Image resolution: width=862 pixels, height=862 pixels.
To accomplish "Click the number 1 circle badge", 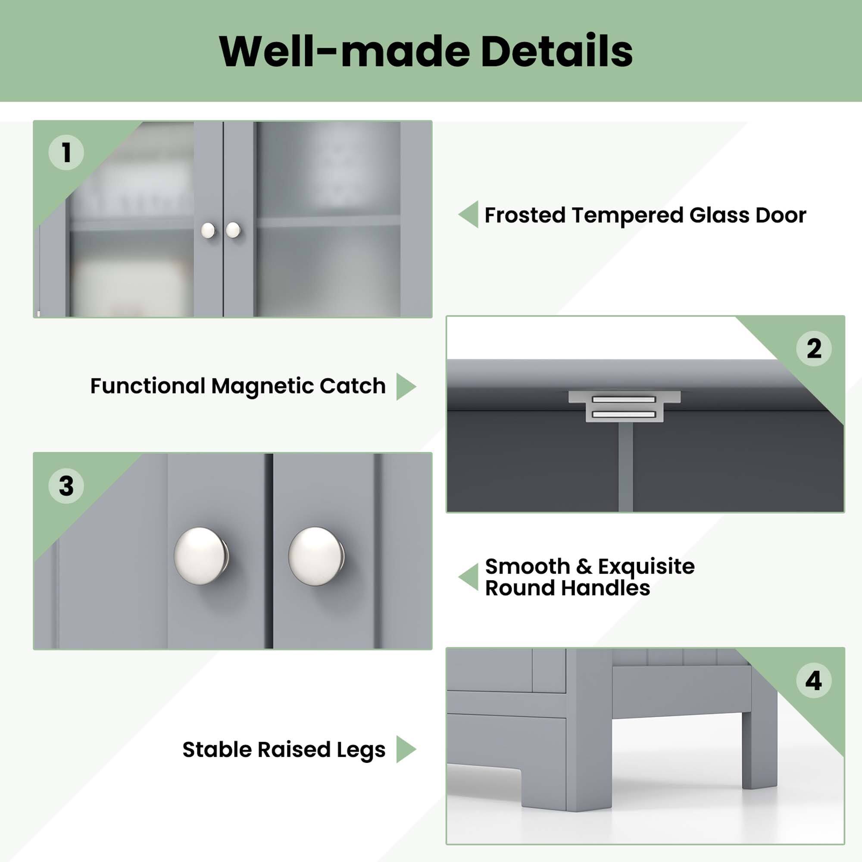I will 66,153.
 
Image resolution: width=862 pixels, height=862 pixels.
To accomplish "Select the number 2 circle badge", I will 814,348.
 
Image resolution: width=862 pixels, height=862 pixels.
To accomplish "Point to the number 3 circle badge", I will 66,486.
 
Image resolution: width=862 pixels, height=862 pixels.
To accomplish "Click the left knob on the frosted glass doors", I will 208,231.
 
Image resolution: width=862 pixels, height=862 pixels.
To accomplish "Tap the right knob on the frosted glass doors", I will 233,230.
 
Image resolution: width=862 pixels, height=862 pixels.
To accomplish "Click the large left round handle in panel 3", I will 200,556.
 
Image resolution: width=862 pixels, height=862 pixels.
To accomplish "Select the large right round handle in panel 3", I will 315,556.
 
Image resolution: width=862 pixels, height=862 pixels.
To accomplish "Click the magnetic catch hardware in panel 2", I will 624,406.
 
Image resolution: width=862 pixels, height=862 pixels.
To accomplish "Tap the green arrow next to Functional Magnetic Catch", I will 405,386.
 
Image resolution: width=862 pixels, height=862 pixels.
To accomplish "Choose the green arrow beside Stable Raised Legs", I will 405,749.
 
